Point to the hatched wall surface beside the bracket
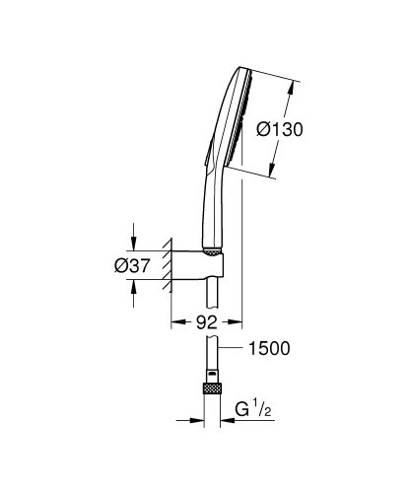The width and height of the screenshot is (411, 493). [169, 264]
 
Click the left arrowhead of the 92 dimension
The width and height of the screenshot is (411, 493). [176, 320]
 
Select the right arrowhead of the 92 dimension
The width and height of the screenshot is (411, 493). [237, 320]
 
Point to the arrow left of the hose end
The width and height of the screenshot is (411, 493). [198, 418]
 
